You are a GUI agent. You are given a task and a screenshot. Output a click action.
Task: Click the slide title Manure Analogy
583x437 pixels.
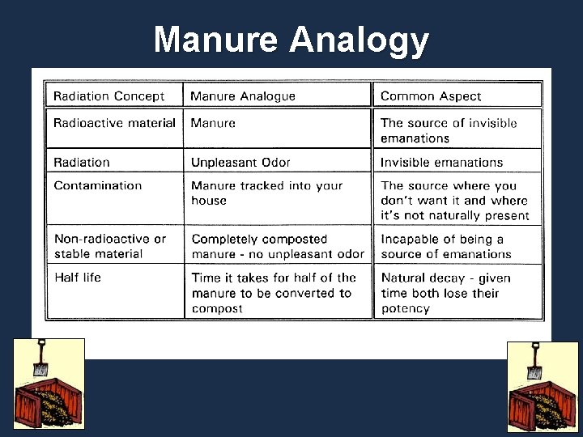291,39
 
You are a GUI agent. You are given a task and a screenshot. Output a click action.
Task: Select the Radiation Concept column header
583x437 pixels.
109,96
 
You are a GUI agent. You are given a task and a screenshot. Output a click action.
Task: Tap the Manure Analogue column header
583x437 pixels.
243,96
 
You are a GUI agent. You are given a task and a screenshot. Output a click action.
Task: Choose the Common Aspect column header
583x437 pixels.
431,96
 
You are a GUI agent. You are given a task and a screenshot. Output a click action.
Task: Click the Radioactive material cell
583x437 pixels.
114,123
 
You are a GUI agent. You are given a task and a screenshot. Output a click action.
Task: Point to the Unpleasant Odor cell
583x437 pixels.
240,163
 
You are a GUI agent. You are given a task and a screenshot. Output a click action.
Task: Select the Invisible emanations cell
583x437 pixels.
442,163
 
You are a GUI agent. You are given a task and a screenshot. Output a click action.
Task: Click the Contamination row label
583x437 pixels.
98,185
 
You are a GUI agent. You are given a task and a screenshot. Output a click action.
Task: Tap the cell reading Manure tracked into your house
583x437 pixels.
266,193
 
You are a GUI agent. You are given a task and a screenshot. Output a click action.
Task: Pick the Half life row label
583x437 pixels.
78,278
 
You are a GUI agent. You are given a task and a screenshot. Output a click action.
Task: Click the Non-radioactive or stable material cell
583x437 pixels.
109,246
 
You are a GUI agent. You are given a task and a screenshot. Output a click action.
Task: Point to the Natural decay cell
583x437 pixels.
445,292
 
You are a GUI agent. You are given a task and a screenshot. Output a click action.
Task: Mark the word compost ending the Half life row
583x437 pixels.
217,308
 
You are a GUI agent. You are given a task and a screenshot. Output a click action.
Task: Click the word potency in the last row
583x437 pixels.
406,308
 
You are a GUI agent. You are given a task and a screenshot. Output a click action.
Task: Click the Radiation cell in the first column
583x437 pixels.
82,163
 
